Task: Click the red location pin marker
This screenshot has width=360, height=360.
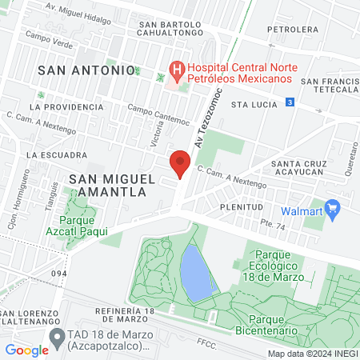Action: coord(180,165)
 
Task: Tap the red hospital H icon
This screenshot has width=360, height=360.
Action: coord(174,70)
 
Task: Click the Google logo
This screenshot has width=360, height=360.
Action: coord(26,350)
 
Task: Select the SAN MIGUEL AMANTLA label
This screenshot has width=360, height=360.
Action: coord(106,186)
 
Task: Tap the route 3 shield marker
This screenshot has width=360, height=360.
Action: coord(290,102)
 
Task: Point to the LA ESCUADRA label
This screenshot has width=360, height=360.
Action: coord(56,154)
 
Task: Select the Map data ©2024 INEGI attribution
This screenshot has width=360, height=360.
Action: coord(313,354)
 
